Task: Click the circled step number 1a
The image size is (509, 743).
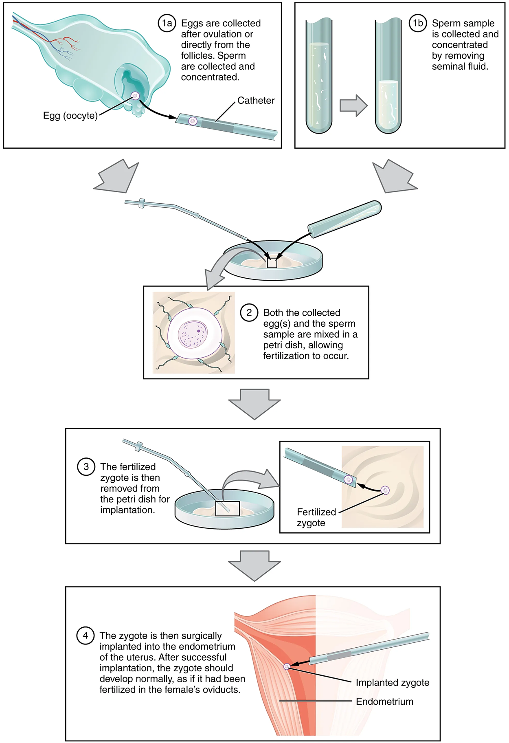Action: pos(167,23)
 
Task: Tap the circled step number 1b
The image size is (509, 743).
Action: pos(418,23)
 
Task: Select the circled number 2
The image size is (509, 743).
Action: pos(249,313)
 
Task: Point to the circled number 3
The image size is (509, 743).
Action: pos(86,467)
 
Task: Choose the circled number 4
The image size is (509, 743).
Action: pos(85,635)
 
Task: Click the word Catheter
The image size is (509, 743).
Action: pos(256,101)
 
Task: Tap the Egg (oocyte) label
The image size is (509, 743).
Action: pos(70,116)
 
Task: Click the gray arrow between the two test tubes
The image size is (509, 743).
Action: pos(353,106)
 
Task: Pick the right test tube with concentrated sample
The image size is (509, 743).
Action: pos(388,77)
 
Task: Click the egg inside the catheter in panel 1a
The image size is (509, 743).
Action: pos(193,121)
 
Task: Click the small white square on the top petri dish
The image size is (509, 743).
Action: pos(272,263)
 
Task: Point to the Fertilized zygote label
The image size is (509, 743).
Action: pos(316,518)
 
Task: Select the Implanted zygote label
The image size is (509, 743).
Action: pos(392,683)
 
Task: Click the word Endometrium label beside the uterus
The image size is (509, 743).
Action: pos(384,701)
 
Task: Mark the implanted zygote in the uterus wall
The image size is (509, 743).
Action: pos(287,666)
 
